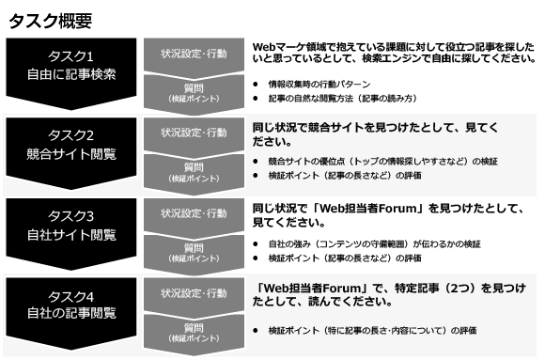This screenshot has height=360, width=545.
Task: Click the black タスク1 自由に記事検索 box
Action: pyautogui.click(x=71, y=64)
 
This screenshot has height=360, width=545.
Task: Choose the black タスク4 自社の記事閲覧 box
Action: pyautogui.click(x=71, y=305)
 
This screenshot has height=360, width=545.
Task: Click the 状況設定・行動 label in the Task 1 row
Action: pyautogui.click(x=194, y=54)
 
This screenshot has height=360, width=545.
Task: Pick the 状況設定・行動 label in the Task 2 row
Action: pyautogui.click(x=194, y=133)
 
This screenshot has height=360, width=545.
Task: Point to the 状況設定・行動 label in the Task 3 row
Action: pyautogui.click(x=194, y=213)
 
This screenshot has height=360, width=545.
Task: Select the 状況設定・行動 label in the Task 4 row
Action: pyautogui.click(x=194, y=292)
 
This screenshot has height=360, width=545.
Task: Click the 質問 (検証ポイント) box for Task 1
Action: pyautogui.click(x=194, y=92)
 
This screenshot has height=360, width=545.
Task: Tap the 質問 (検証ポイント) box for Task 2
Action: pyautogui.click(x=194, y=172)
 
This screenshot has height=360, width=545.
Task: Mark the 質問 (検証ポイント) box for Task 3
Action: pyautogui.click(x=194, y=252)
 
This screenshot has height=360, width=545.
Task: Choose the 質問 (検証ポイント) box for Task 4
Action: pyautogui.click(x=194, y=332)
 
